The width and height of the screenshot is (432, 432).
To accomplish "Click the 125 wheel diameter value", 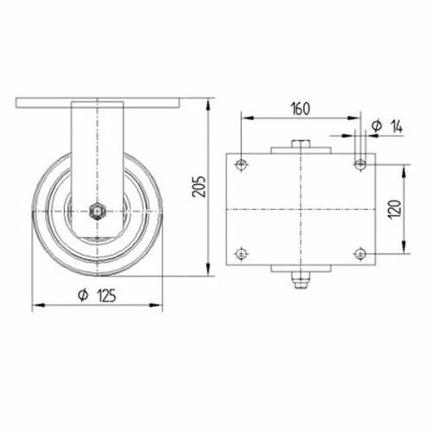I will tap(108, 294).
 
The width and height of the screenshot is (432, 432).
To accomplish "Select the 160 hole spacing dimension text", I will tap(300, 110).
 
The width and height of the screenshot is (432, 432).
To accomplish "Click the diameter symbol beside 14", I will tap(376, 127).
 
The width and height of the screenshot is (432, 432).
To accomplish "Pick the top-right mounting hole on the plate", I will tap(360, 164).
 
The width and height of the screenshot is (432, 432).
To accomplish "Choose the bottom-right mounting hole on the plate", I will tap(360, 254).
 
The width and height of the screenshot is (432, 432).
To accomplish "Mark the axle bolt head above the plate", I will tap(300, 145).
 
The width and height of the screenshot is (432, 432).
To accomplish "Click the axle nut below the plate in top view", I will tap(300, 279).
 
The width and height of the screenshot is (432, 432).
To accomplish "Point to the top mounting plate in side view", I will tap(98, 103).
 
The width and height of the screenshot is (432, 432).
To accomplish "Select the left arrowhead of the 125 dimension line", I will tap(35, 305).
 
